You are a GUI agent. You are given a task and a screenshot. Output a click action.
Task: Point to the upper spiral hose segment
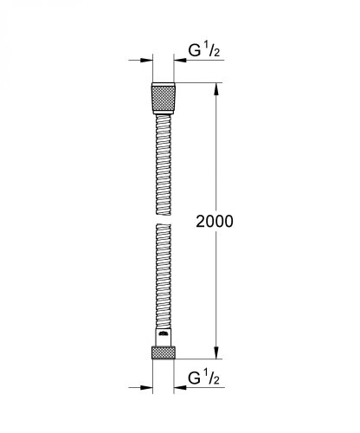coord(165,156)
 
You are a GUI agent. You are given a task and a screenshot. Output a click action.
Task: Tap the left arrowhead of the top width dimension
coord(146,61)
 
